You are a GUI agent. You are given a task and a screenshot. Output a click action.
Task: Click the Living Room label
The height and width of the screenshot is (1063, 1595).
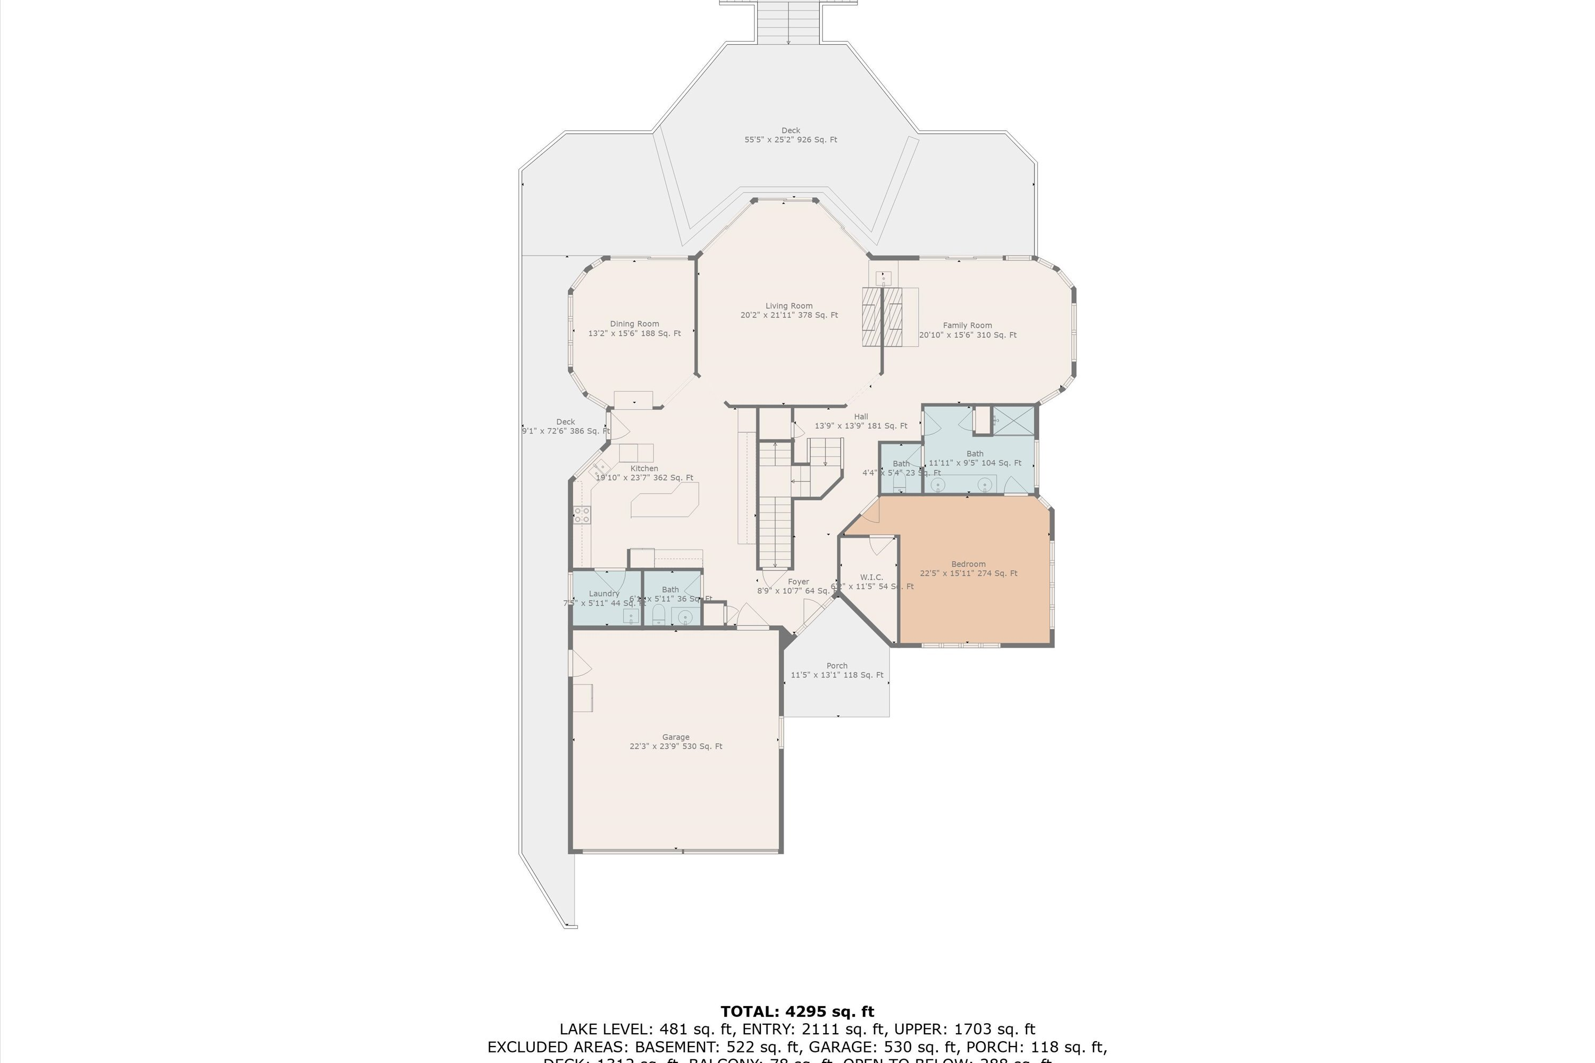point(788,310)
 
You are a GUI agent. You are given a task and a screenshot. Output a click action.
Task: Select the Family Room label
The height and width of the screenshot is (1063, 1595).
point(967,330)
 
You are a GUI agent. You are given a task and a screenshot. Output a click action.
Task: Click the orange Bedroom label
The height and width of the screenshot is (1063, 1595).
point(968,568)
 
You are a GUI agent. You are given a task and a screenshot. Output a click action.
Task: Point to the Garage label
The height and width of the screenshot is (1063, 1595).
point(675,741)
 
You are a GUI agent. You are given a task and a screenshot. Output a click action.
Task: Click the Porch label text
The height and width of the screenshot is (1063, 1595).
point(837,670)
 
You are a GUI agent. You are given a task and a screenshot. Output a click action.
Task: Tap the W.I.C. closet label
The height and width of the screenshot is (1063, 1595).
point(871,581)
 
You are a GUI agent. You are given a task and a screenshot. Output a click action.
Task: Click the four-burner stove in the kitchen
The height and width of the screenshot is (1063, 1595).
point(582,514)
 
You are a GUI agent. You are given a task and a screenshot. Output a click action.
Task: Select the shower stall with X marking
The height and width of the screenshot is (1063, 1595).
point(1014,420)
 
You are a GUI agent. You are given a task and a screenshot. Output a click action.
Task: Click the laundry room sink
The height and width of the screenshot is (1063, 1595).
point(631,616)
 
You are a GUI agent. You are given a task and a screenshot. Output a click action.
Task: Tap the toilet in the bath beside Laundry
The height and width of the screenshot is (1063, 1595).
point(658,615)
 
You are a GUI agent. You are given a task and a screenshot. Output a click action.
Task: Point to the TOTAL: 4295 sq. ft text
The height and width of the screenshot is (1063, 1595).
point(797,1012)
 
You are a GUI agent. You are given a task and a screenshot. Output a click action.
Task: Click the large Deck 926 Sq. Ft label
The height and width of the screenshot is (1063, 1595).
point(791,135)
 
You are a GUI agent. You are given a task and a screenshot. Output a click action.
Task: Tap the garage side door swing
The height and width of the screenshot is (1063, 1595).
point(581,662)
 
